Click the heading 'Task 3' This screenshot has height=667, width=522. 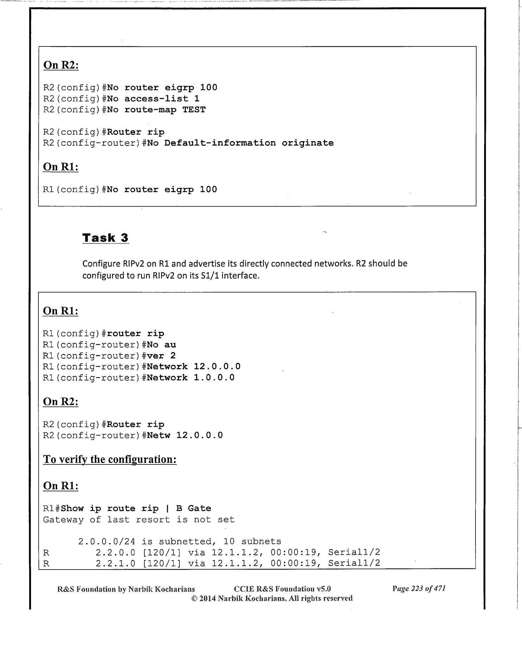[x=105, y=238]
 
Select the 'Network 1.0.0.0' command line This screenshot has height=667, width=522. [x=190, y=378]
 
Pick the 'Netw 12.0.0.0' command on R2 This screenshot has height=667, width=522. [x=185, y=436]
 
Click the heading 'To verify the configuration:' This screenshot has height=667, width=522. [x=109, y=459]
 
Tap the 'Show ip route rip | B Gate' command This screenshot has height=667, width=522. [x=136, y=509]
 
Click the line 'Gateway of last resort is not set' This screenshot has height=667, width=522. [x=139, y=520]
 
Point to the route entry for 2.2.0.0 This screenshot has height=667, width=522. [x=238, y=553]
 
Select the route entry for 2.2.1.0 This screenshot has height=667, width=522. [x=238, y=564]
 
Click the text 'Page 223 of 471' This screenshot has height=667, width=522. [x=419, y=589]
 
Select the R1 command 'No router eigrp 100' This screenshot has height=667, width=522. [x=162, y=190]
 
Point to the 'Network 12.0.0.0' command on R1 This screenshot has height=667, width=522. [x=194, y=367]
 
